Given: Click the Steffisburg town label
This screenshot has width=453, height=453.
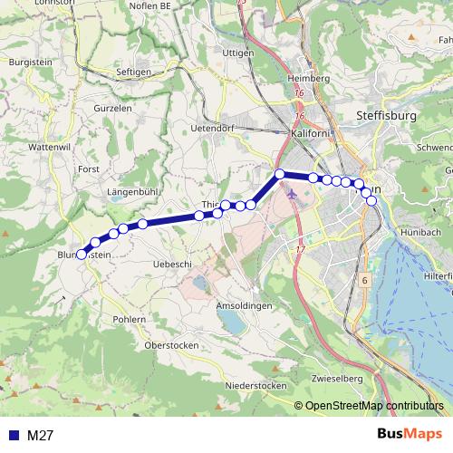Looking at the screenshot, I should coord(387,116).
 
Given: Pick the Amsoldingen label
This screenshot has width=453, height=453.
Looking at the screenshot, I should coord(243,306).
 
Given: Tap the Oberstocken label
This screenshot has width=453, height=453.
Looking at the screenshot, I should coord(172,346).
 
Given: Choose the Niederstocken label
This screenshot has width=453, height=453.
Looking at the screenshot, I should coord(255,385).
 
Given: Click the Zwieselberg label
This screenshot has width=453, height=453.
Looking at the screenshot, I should coord(336,377).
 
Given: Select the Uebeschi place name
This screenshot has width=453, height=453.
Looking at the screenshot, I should coord(173,263).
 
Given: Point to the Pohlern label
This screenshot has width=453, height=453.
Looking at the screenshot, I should coord(130,320).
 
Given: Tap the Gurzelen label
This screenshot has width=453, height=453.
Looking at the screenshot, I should coord(112,107).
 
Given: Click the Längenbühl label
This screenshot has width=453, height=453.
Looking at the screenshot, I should coord(133,192).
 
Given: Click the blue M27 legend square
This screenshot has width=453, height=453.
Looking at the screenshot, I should coord(11,436).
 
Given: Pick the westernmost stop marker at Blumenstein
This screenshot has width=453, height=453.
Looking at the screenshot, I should coord(81,255).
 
